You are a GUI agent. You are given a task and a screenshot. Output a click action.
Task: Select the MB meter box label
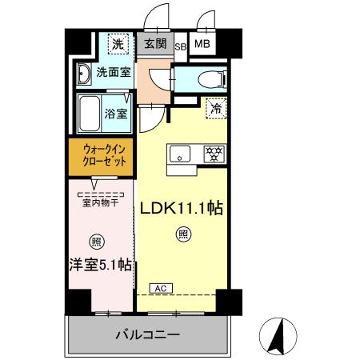point(202,44)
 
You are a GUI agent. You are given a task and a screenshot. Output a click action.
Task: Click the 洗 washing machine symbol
point(116,45)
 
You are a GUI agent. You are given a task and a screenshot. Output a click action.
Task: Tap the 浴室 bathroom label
point(117,113)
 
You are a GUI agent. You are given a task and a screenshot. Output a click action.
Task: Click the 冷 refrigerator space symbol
point(215,107)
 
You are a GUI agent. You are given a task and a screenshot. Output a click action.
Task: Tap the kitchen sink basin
point(178,153)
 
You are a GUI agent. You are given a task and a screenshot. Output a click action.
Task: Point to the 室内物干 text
point(100,202)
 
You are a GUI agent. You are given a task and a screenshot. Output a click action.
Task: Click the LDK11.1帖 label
point(182,208)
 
